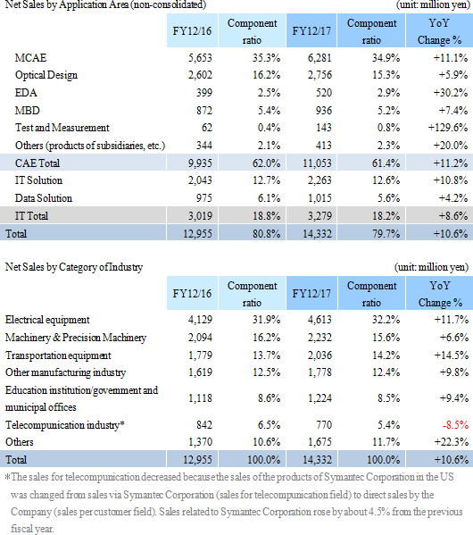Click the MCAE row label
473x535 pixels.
click(30, 58)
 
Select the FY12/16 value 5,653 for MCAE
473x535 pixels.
click(200, 58)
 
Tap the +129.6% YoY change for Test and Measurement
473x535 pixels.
click(448, 128)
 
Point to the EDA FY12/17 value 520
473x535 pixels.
click(323, 93)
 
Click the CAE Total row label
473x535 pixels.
click(37, 163)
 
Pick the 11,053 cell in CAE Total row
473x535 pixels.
click(317, 163)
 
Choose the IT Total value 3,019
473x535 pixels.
click(200, 216)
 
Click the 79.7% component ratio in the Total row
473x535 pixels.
click(386, 234)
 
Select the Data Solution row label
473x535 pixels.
click(44, 198)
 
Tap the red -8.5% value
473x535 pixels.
click(455, 425)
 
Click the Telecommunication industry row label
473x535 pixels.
click(65, 425)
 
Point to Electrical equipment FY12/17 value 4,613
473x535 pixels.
click(319, 320)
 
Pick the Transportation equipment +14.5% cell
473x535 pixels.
click(452, 355)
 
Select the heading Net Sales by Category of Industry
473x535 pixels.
click(74, 267)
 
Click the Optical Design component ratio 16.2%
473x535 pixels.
click(266, 75)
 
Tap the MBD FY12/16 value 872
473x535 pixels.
click(203, 111)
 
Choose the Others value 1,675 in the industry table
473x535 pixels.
click(319, 442)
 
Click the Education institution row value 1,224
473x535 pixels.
click(319, 398)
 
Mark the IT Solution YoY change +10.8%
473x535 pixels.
click(451, 180)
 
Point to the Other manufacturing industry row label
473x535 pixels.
click(65, 372)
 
